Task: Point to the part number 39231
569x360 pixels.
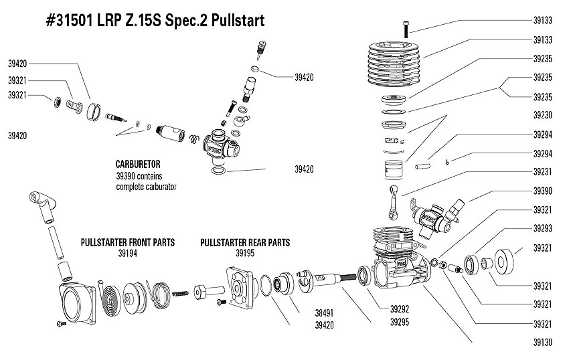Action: point(543,172)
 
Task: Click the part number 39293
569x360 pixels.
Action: point(543,229)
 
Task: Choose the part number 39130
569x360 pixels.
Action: point(543,343)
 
